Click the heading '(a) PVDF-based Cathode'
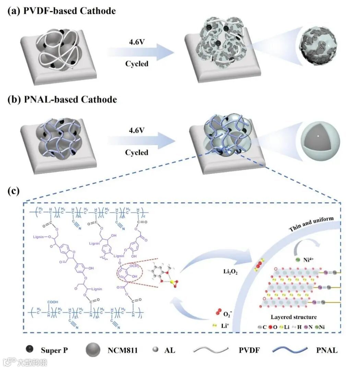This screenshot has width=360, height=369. pyautogui.click(x=62, y=11)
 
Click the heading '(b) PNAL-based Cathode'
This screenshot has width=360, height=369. pyautogui.click(x=62, y=99)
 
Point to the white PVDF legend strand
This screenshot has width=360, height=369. pyautogui.click(x=211, y=350)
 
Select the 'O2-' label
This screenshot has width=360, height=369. pyautogui.click(x=228, y=313)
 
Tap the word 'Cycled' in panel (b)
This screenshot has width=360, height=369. pyautogui.click(x=136, y=152)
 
